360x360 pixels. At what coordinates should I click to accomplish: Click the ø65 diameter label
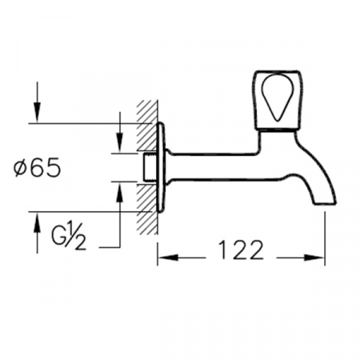38,167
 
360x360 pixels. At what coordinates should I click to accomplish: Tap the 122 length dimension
241,250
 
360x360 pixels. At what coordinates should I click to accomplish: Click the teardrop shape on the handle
278,98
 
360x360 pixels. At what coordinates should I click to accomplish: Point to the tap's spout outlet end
326,204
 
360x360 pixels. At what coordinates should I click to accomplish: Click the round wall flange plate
161,167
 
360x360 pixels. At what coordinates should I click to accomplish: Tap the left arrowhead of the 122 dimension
168,258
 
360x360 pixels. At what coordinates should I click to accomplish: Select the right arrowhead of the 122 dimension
314,258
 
